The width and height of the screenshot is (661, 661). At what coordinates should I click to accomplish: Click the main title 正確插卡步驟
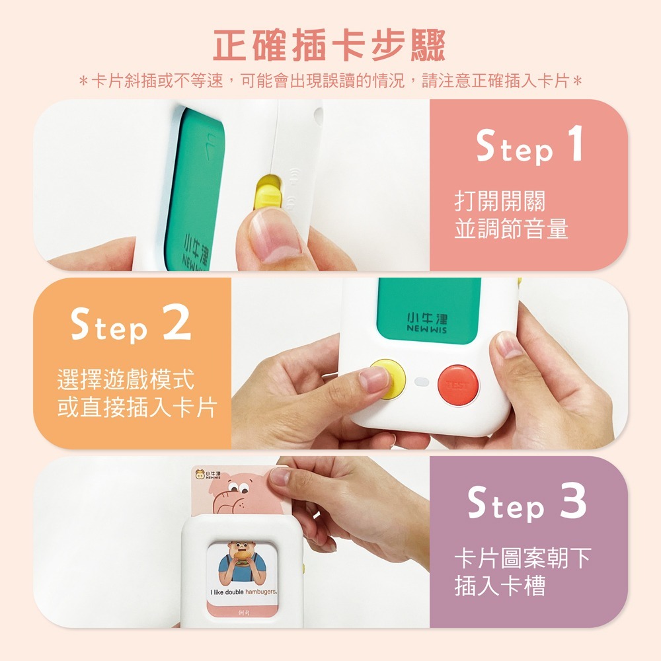(330, 44)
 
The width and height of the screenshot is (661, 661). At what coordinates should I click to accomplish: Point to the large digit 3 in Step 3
(572, 502)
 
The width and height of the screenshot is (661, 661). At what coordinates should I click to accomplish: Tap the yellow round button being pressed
(389, 378)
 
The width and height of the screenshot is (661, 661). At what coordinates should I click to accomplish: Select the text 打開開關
(500, 202)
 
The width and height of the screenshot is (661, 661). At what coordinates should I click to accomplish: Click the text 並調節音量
(511, 229)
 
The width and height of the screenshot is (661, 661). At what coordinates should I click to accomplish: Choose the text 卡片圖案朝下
(522, 559)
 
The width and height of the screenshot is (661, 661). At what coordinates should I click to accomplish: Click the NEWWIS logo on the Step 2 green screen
(426, 323)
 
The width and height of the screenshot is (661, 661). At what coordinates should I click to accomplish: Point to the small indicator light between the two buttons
(421, 382)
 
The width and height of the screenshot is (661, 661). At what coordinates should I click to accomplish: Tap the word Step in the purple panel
(506, 506)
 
